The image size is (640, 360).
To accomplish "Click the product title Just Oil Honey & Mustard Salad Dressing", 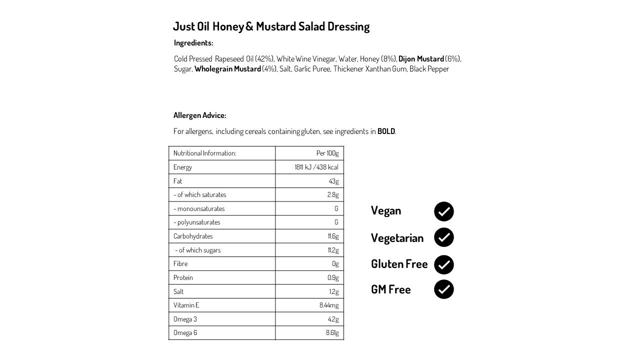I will pos(271,26).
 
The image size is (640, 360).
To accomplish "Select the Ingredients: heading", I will pos(193,43).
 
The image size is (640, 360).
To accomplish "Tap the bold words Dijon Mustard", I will pos(421,59).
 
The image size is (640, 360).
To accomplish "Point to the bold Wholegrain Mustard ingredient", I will pos(227,69).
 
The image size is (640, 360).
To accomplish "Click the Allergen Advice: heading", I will pos(199,115).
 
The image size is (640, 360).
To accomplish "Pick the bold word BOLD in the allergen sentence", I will pos(386,131).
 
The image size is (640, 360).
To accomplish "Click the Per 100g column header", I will pos(327,153).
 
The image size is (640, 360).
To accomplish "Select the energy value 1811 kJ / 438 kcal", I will pos(316,167).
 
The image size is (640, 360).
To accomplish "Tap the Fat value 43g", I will pos(333,181).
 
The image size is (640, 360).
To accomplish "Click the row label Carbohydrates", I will pos(193,236).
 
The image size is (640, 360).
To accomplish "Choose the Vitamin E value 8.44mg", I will pos(329,305).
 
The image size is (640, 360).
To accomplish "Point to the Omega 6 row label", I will pos(185,333).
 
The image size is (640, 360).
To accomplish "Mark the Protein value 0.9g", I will pos(332,277).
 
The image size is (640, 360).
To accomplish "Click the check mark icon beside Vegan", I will pos(443,211).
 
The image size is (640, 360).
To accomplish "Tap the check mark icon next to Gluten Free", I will pos(443,264).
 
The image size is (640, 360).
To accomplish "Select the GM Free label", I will pos(390,289).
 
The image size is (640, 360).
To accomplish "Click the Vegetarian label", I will pos(397,238).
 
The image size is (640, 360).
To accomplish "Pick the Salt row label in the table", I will pos(178,291).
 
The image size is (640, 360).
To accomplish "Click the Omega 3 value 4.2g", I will pos(333,319).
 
